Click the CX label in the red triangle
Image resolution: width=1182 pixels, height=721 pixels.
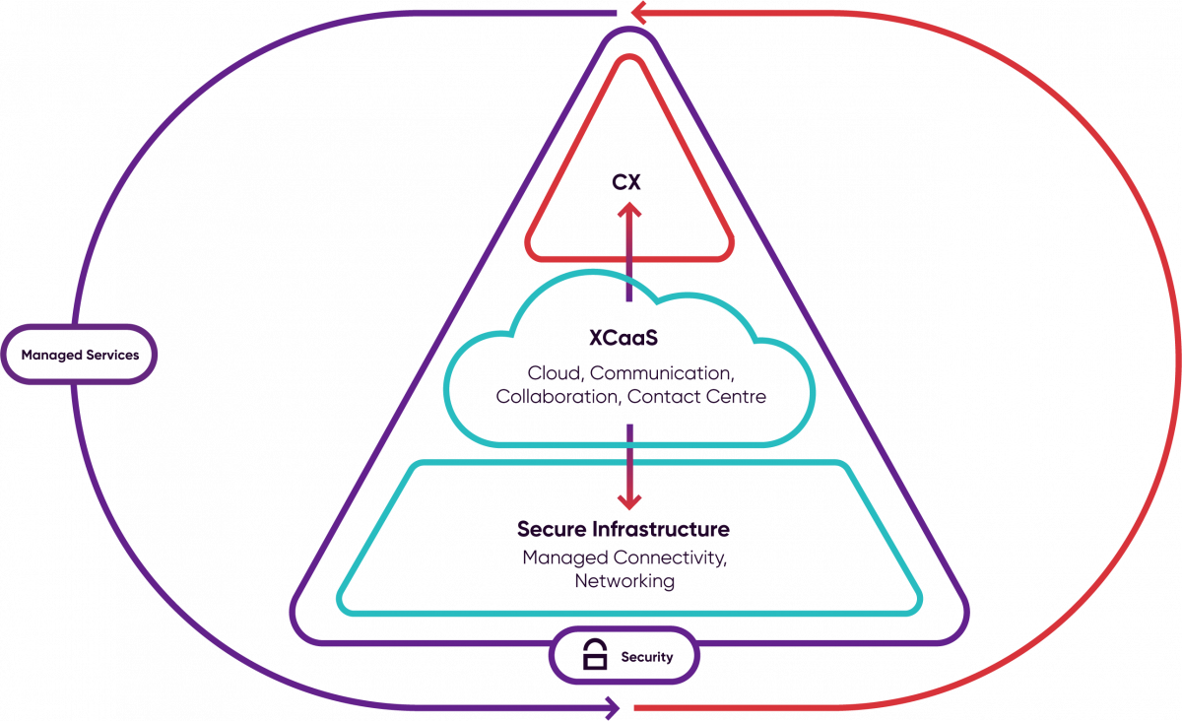point(627,182)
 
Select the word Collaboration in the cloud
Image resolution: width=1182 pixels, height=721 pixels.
point(558,397)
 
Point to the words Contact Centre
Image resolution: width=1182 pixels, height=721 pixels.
point(696,397)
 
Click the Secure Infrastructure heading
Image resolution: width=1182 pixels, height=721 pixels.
point(623,530)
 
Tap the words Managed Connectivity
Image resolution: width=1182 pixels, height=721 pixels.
point(624,558)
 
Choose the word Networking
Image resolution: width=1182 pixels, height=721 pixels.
point(624,581)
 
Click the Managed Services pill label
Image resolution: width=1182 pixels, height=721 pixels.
point(80,354)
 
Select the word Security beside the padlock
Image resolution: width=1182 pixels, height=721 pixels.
point(646,657)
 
